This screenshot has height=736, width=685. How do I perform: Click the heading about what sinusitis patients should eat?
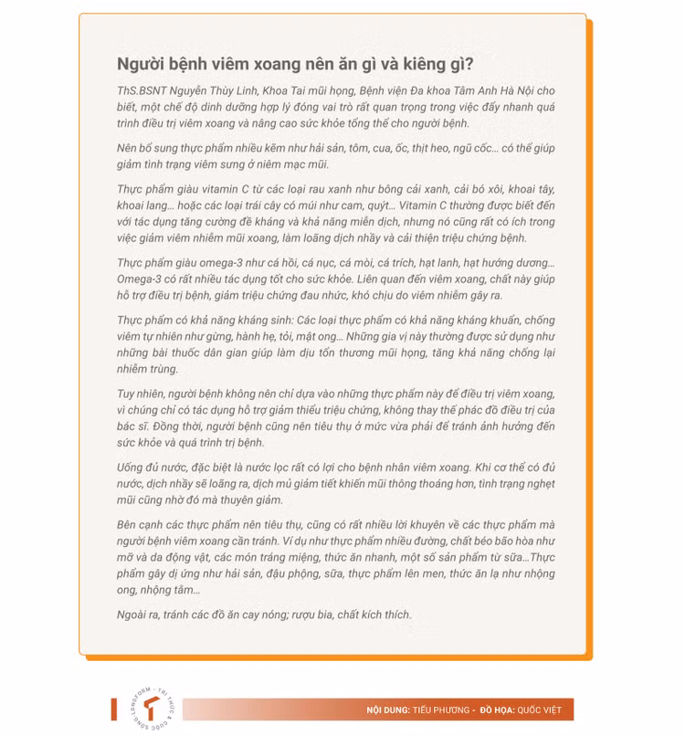294,64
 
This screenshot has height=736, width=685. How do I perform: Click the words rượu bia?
311,615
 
